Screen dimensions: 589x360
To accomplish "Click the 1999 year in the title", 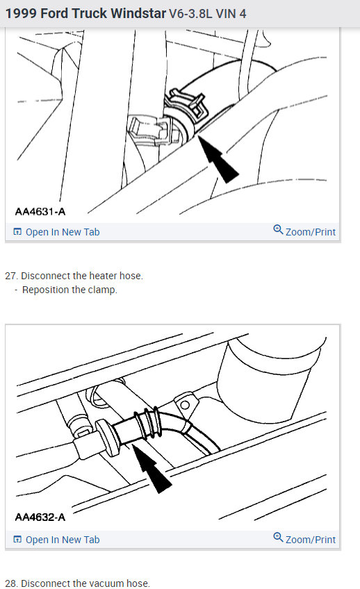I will tap(21, 13).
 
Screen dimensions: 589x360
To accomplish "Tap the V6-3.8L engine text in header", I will tap(195, 13).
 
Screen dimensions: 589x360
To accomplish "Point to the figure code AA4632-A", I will tap(40, 517).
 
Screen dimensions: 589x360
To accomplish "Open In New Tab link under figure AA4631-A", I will tap(62, 232).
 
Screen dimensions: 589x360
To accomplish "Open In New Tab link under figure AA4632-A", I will tap(62, 540).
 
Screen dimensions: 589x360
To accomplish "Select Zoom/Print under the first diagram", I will tap(310, 232).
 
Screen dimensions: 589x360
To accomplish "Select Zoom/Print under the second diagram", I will tap(310, 540).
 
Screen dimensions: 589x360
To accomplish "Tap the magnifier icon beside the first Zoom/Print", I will tap(278, 231).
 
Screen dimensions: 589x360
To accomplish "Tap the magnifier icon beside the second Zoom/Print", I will tap(278, 538).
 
